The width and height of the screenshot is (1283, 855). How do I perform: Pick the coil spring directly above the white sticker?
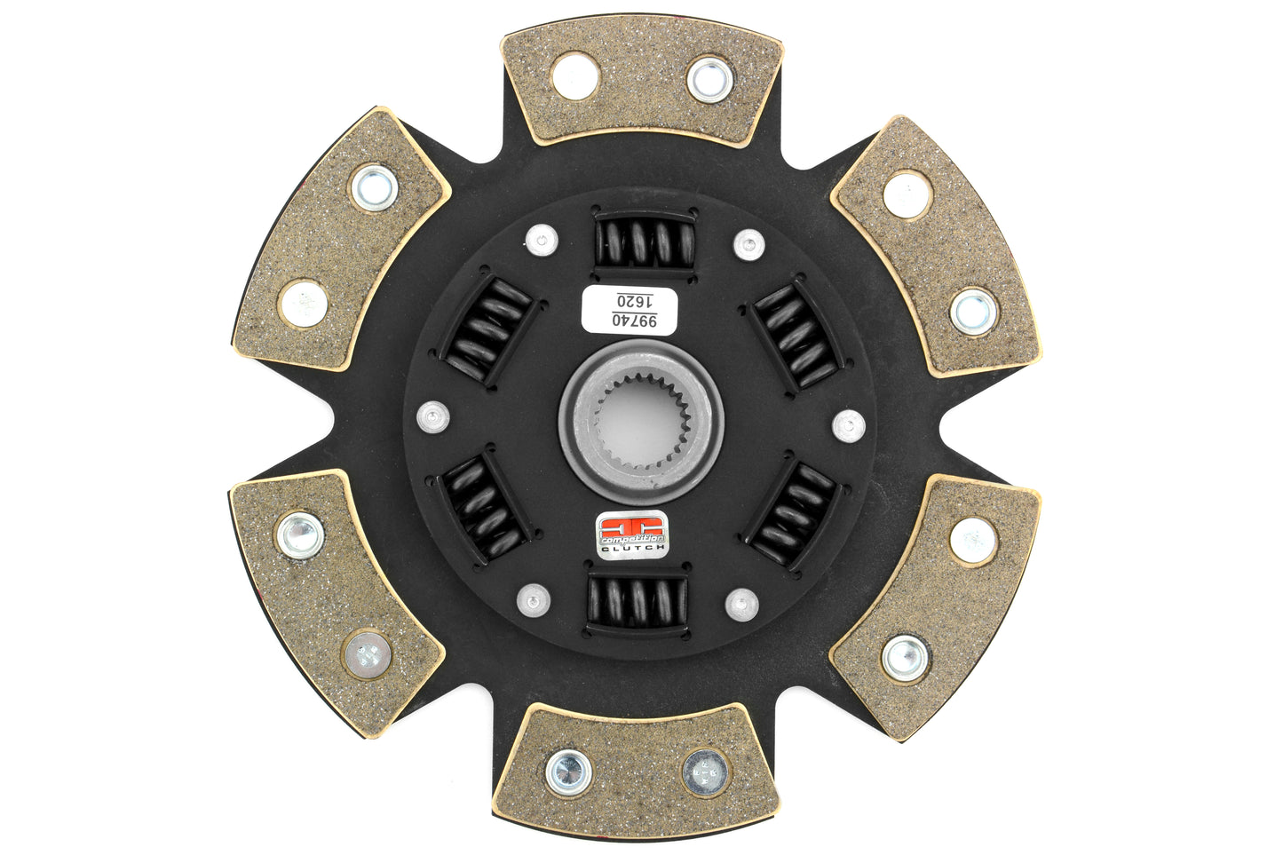pyautogui.click(x=645, y=241)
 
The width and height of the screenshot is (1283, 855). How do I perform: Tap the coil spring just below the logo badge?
pyautogui.click(x=637, y=601)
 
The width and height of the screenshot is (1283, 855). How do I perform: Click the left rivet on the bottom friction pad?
pyautogui.click(x=568, y=771)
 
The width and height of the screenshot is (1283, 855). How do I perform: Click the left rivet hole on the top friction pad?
pyautogui.click(x=574, y=75)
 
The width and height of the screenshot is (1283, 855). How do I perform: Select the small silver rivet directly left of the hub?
pyautogui.click(x=432, y=416)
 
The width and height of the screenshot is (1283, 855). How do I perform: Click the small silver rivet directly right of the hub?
pyautogui.click(x=849, y=425)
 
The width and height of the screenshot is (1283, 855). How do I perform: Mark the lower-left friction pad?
pyautogui.click(x=335, y=587)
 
